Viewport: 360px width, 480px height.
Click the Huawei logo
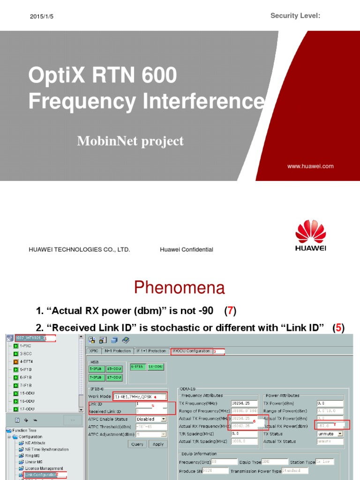pyautogui.click(x=311, y=236)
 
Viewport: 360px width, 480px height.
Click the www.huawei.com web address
pyautogui.click(x=310, y=166)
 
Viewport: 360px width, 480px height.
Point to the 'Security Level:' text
pyautogui.click(x=295, y=16)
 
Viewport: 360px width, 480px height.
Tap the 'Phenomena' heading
pyautogui.click(x=180, y=287)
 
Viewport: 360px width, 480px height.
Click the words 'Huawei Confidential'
pyautogui.click(x=186, y=250)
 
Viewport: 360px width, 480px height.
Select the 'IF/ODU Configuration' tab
pyautogui.click(x=191, y=351)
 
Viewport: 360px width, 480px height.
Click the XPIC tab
pyautogui.click(x=94, y=351)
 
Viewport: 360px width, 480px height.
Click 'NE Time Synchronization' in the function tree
pyautogui.click(x=46, y=449)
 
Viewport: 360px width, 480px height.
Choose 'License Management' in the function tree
pyautogui.click(x=44, y=468)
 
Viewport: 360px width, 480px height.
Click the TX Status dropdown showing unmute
pyautogui.click(x=329, y=434)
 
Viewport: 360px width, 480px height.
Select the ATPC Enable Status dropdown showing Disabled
pyautogui.click(x=150, y=419)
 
